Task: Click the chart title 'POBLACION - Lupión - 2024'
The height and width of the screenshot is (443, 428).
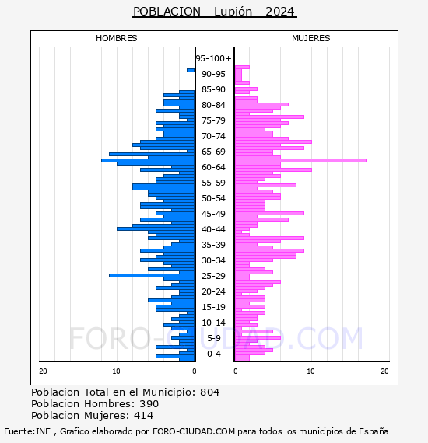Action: (214, 12)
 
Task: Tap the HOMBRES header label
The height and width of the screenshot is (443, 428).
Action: (116, 38)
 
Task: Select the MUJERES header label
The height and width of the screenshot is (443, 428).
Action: (311, 38)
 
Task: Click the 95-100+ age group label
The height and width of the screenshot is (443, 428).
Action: (213, 58)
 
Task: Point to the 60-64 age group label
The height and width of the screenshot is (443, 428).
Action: (213, 167)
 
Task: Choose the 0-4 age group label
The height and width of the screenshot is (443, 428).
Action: (214, 354)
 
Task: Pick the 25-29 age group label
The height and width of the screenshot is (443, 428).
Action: (213, 276)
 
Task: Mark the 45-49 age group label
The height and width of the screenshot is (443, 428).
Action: (213, 214)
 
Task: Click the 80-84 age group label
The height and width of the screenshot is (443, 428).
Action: (213, 105)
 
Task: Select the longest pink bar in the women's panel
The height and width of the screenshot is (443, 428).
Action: (300, 160)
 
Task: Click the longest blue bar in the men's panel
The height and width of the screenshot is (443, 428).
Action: (148, 160)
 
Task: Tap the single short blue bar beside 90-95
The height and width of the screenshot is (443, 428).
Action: (191, 71)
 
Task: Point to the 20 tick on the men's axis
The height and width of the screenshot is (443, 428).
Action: (43, 371)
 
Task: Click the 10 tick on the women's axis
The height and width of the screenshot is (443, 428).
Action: (310, 371)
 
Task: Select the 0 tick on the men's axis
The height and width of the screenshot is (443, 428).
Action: (194, 371)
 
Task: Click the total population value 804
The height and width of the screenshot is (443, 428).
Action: (209, 392)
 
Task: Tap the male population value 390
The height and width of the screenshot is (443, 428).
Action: (149, 404)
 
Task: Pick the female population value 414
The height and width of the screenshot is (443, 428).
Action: (144, 416)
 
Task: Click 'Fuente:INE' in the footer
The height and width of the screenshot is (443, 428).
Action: (27, 431)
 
